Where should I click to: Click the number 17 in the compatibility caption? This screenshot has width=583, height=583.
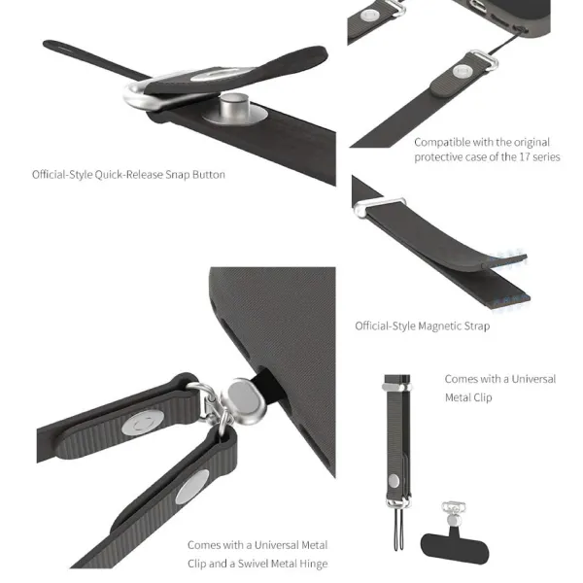tap(525, 156)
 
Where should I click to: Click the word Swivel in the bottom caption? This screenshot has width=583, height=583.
tap(254, 564)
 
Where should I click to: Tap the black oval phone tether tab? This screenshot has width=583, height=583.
tap(455, 548)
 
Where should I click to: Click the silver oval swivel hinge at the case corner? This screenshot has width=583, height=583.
tap(243, 401)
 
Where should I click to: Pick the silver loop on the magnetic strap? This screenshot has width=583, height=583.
tap(379, 206)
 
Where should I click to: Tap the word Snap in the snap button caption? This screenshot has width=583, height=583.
tap(178, 175)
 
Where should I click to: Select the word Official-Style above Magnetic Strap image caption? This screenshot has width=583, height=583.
tap(385, 326)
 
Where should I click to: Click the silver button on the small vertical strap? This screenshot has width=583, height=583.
tap(394, 481)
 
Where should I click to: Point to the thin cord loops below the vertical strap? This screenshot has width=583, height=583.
tap(398, 528)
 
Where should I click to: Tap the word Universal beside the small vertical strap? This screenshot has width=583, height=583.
tap(533, 379)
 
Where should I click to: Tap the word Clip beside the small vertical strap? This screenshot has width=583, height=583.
tap(483, 397)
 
